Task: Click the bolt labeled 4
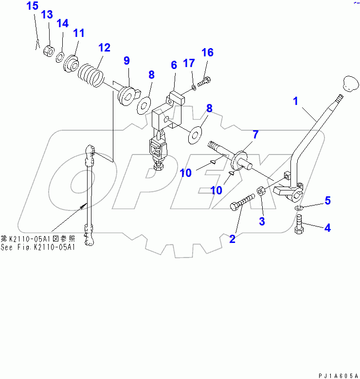click(299, 226)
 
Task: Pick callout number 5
click(328, 200)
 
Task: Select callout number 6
click(173, 65)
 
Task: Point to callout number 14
click(63, 23)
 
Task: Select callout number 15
click(32, 6)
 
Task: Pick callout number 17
click(189, 63)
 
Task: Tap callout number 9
click(126, 61)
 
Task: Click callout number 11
click(79, 33)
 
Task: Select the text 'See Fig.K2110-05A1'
click(38, 247)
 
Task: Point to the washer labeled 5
click(299, 208)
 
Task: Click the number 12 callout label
click(104, 48)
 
